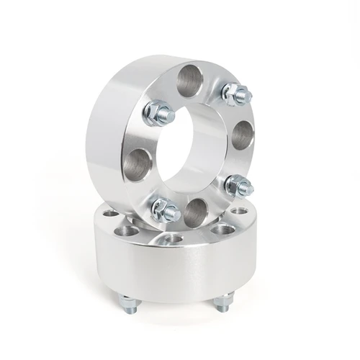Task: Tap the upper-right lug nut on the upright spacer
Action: pos(235,94)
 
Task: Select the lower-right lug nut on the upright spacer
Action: pos(238,186)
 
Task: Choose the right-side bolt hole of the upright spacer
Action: pos(243,135)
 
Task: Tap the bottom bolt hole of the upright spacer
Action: pos(196,213)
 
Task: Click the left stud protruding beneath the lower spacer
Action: pos(127,303)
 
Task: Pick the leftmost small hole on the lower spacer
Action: pos(110,213)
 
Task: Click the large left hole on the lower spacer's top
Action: pos(129,231)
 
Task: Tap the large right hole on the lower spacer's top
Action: pos(223,229)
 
